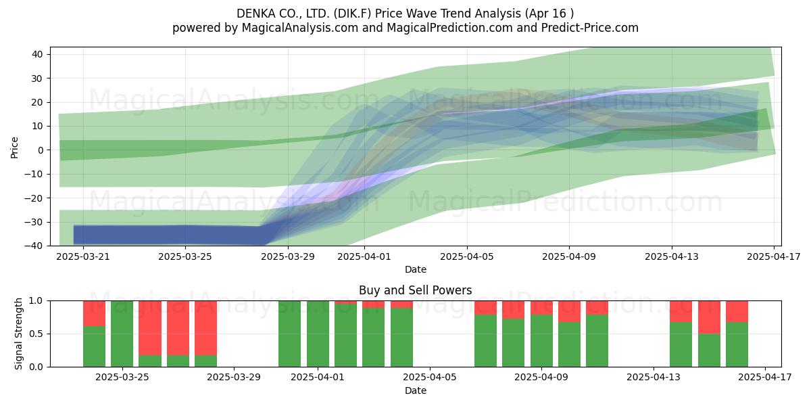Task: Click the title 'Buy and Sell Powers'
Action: [x=415, y=290]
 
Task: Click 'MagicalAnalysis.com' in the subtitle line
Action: [x=300, y=28]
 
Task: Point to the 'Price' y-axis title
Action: [x=14, y=148]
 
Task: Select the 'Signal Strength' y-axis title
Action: [x=18, y=334]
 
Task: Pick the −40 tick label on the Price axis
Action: [x=34, y=246]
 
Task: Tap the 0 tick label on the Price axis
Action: [x=40, y=150]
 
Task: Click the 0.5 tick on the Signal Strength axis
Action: [x=35, y=334]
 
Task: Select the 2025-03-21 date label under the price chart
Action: [x=83, y=256]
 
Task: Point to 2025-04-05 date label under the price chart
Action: [x=467, y=256]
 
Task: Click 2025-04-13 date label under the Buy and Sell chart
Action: [x=654, y=378]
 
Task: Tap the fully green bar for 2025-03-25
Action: [x=122, y=334]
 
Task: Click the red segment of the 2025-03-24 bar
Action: [x=94, y=313]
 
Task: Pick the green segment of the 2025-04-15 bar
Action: [x=709, y=351]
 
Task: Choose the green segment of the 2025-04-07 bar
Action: [x=485, y=341]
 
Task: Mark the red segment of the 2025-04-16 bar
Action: [x=737, y=311]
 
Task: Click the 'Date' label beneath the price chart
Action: [x=415, y=270]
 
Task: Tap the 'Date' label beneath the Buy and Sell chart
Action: [x=415, y=390]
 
